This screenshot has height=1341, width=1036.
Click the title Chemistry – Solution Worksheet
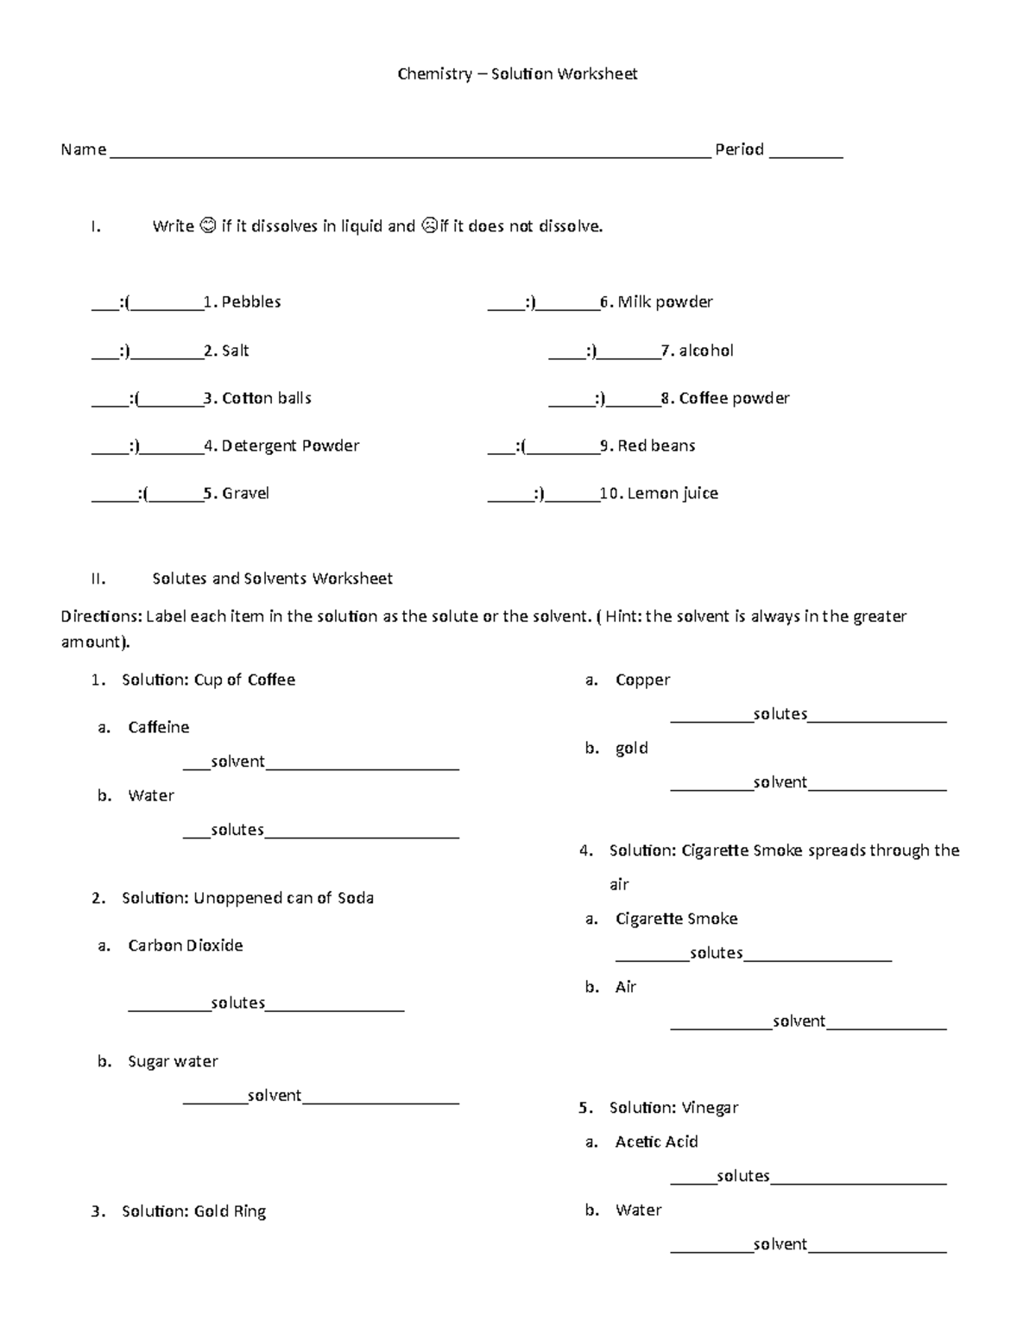click(517, 74)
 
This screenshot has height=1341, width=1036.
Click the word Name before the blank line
click(83, 150)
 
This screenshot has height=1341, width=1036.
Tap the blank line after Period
click(805, 154)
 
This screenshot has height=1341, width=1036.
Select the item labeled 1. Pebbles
click(242, 302)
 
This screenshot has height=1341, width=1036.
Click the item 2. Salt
click(226, 351)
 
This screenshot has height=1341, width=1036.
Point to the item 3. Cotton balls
click(257, 398)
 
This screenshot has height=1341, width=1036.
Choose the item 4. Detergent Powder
click(281, 446)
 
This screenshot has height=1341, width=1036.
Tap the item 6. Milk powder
click(656, 302)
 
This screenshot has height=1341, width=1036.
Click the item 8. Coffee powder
click(725, 398)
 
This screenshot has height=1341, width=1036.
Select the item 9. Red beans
click(647, 446)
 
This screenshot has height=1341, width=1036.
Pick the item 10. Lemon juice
click(659, 494)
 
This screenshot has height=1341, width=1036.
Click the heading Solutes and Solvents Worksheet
click(272, 579)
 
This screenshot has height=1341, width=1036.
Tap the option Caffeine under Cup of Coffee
click(158, 728)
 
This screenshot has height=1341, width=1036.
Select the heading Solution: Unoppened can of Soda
click(247, 898)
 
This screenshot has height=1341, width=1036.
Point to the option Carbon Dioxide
click(185, 946)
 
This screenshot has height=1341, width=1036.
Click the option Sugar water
click(173, 1061)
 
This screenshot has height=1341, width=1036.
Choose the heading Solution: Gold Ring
click(193, 1211)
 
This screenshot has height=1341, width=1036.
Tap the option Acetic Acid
click(656, 1142)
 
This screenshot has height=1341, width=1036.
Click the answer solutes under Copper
click(780, 714)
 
